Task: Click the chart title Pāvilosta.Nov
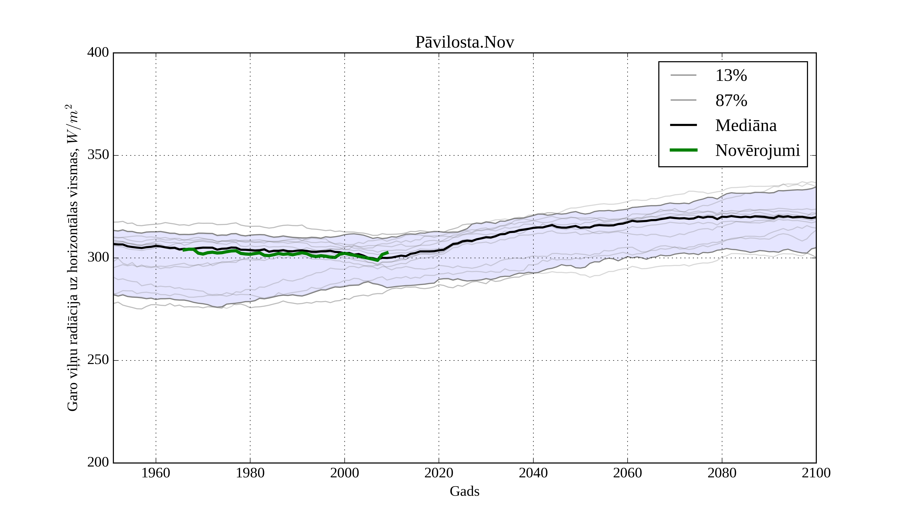coord(464,43)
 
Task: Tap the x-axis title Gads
coord(464,491)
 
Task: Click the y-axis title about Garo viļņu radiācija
coord(72,258)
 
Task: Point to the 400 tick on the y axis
coord(98,53)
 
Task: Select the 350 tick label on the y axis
coord(98,155)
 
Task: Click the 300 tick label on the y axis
coord(98,258)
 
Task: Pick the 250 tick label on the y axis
coord(98,360)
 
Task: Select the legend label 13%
coord(731,76)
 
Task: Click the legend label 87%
coord(731,101)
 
